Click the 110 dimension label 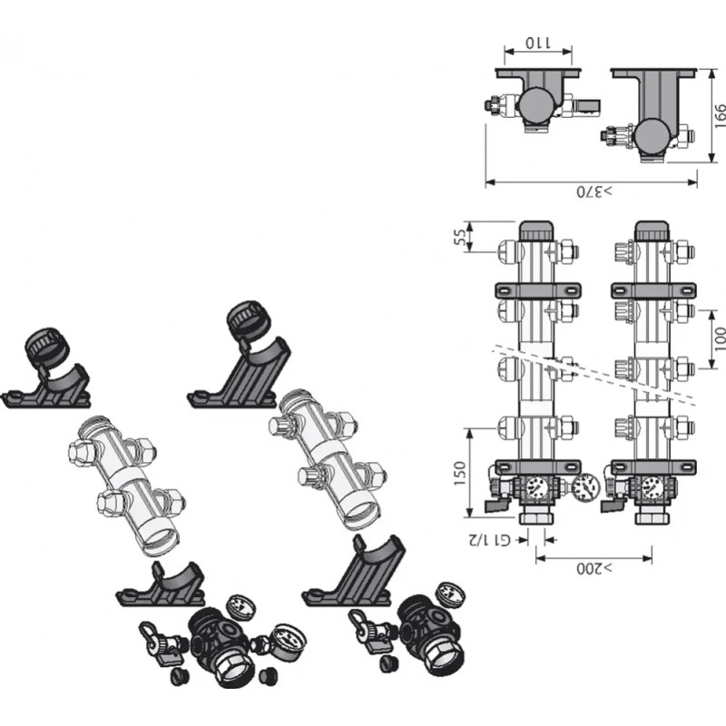coord(538,44)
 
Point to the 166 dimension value coord(720,116)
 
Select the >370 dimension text coord(594,191)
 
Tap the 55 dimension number coord(459,238)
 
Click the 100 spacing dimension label coord(720,338)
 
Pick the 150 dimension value coord(459,473)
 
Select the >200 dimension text coord(594,568)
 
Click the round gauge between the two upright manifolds coord(585,487)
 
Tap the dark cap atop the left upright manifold coord(536,231)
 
